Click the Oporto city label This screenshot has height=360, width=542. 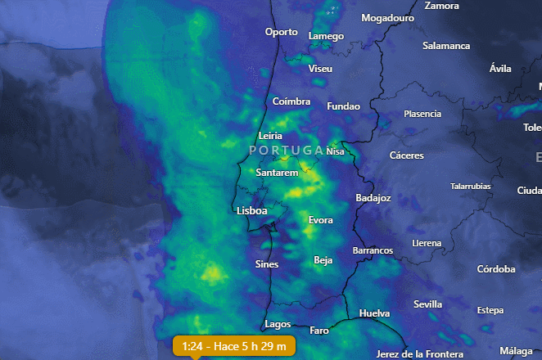(282, 32)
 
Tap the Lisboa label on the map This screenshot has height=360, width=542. (252, 211)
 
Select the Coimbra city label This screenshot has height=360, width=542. (291, 101)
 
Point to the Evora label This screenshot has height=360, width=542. (320, 221)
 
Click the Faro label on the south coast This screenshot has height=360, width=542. (319, 331)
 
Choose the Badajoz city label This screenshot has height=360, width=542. (373, 198)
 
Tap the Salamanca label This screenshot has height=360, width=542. (448, 46)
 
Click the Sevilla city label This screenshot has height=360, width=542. (427, 304)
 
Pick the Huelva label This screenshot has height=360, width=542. (374, 313)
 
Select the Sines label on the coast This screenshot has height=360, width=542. (267, 264)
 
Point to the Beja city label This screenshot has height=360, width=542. (323, 260)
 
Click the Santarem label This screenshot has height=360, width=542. (276, 173)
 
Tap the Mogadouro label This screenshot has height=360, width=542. (384, 17)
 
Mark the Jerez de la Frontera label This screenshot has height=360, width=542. (420, 353)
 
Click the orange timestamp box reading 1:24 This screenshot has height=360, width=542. (234, 347)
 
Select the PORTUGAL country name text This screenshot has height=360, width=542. (287, 151)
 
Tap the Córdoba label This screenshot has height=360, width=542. (496, 269)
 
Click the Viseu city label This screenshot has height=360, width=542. (320, 69)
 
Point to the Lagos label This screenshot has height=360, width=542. (278, 324)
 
